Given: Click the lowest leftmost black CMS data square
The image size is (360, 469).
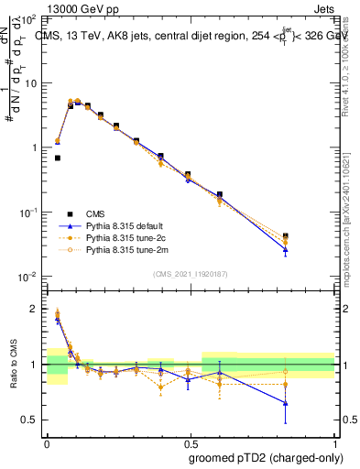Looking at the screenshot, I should click(x=58, y=158).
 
